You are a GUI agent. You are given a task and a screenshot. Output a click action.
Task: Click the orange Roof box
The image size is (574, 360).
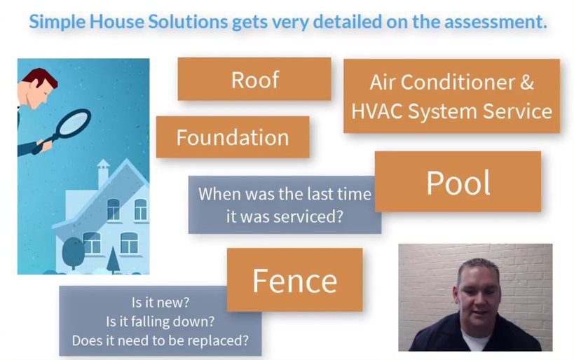(254, 78)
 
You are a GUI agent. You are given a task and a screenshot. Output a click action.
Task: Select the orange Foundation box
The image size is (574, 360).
(233, 137)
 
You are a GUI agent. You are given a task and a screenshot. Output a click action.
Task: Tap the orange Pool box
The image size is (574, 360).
(458, 181)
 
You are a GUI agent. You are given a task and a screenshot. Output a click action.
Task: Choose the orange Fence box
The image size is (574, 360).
(294, 279)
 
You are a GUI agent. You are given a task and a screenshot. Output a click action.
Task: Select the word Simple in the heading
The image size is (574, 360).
(57, 22)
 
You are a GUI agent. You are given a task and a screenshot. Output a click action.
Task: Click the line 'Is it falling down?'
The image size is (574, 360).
(160, 321)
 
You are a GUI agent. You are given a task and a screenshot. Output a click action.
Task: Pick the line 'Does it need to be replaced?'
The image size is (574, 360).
(160, 340)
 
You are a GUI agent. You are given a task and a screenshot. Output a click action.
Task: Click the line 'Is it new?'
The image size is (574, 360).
(160, 303)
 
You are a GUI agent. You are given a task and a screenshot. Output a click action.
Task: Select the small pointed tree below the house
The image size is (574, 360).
(113, 260)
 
